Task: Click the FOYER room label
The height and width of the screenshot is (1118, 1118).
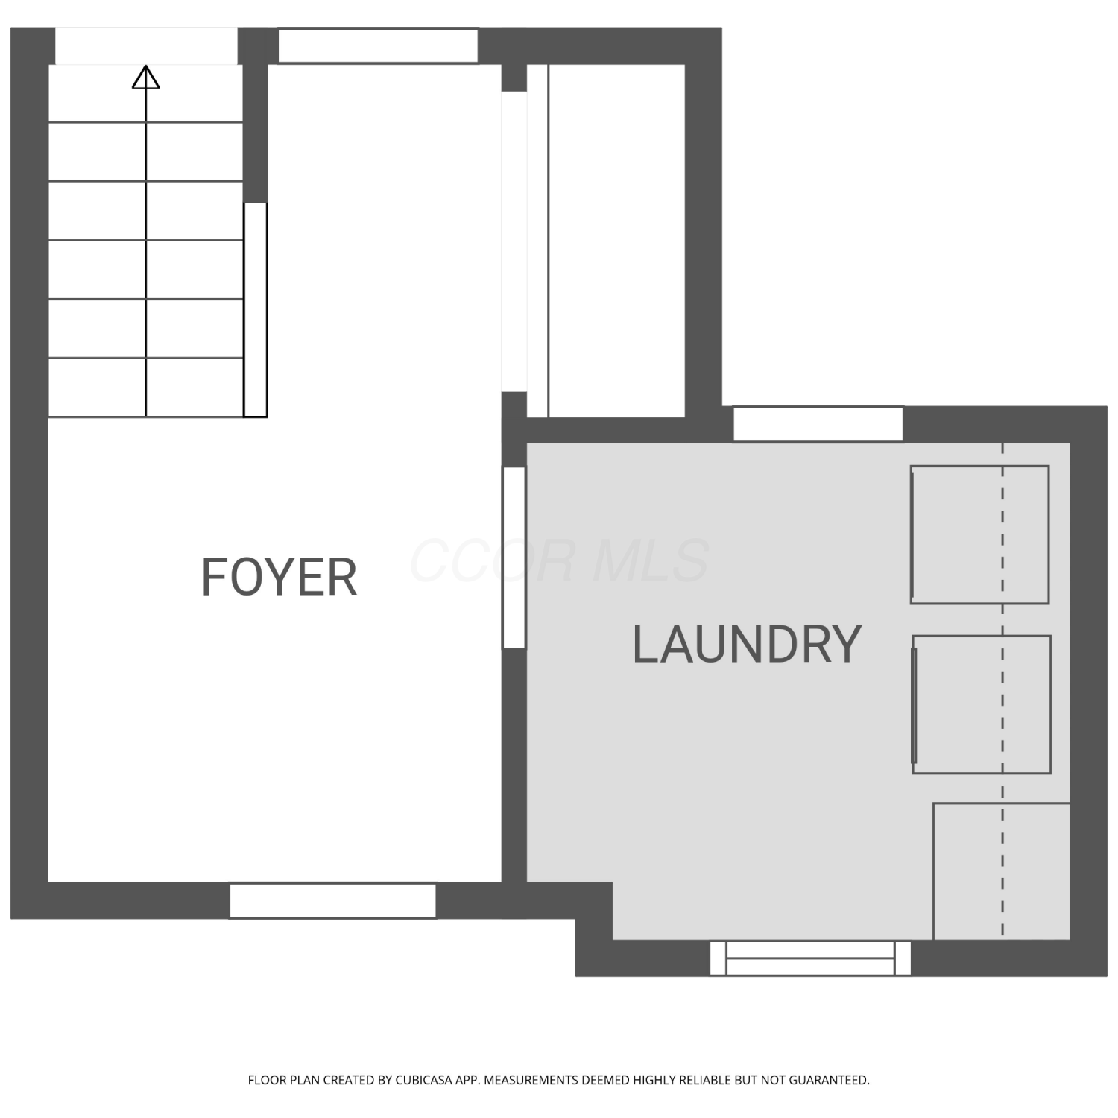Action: point(279,577)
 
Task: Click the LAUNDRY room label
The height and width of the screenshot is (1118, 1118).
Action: point(747,645)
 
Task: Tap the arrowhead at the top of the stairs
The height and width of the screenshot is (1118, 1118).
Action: point(145,77)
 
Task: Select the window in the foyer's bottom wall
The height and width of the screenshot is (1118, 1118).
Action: point(332,900)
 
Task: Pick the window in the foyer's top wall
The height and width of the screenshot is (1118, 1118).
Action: point(378,46)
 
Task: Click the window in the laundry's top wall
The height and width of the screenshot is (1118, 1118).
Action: point(818,424)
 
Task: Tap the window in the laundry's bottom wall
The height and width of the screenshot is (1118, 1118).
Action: point(810,958)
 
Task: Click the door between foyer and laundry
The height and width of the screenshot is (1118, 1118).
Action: point(514,558)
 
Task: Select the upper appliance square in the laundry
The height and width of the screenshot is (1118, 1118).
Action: point(980,535)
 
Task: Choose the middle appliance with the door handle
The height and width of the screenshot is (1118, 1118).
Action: point(982,704)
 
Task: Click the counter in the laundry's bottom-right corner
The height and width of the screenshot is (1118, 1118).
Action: point(1002,871)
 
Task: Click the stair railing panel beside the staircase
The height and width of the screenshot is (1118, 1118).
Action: point(256,309)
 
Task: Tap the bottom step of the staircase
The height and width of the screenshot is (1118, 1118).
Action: point(146,388)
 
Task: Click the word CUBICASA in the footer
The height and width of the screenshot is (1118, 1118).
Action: point(426,1080)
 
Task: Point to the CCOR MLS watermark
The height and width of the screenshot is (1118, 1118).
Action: point(559,560)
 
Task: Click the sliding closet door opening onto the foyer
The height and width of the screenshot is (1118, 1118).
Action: point(514,241)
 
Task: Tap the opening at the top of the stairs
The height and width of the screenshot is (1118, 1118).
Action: point(146,46)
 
